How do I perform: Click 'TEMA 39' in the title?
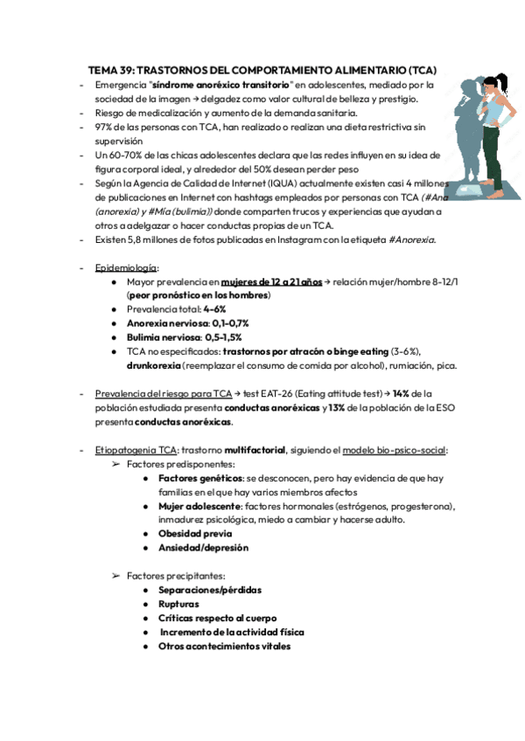[x=111, y=70]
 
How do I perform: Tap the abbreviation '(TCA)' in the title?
[x=420, y=70]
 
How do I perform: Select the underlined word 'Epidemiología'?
[x=127, y=267]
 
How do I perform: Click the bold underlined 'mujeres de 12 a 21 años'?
[x=271, y=282]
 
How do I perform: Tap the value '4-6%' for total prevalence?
[x=214, y=309]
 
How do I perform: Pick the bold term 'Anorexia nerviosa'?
[x=167, y=323]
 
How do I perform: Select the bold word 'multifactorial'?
[x=254, y=450]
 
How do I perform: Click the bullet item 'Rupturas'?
[x=178, y=604]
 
